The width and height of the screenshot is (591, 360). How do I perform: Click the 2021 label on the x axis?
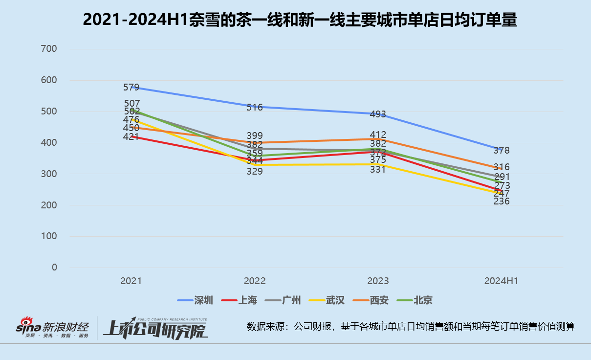point(131,281)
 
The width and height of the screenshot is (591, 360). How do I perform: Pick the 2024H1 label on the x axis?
point(501,281)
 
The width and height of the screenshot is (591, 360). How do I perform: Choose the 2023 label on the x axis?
point(378,281)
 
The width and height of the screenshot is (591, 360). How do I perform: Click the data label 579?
point(131,88)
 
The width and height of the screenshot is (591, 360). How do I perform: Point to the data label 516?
point(255,107)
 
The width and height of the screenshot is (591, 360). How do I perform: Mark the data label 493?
point(378,114)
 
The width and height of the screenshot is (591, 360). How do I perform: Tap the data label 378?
point(501,150)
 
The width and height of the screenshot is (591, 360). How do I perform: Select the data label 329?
point(255,171)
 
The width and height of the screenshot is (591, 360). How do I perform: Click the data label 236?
point(501,201)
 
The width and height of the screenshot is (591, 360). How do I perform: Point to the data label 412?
point(378,135)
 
